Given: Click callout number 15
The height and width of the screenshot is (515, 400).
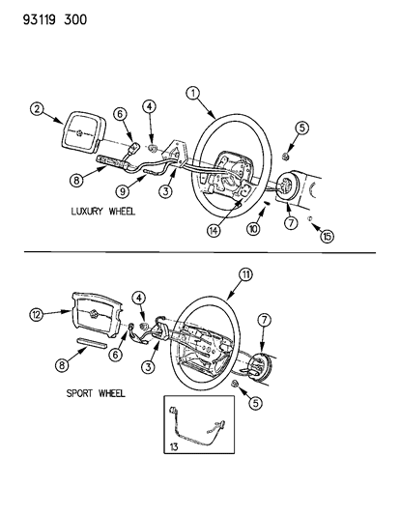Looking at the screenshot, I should (328, 235).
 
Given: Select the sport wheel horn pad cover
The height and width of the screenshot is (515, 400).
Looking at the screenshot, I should (93, 316).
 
